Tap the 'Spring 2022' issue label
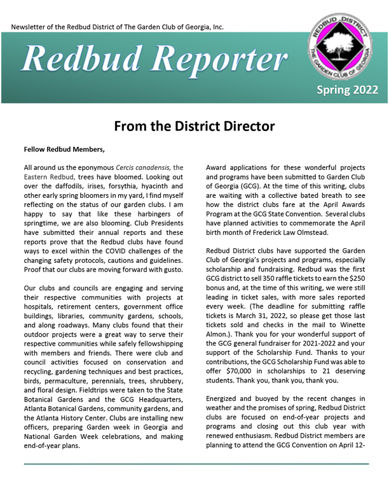[x=347, y=90]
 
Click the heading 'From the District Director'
[x=194, y=126]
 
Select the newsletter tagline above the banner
[x=118, y=28]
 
